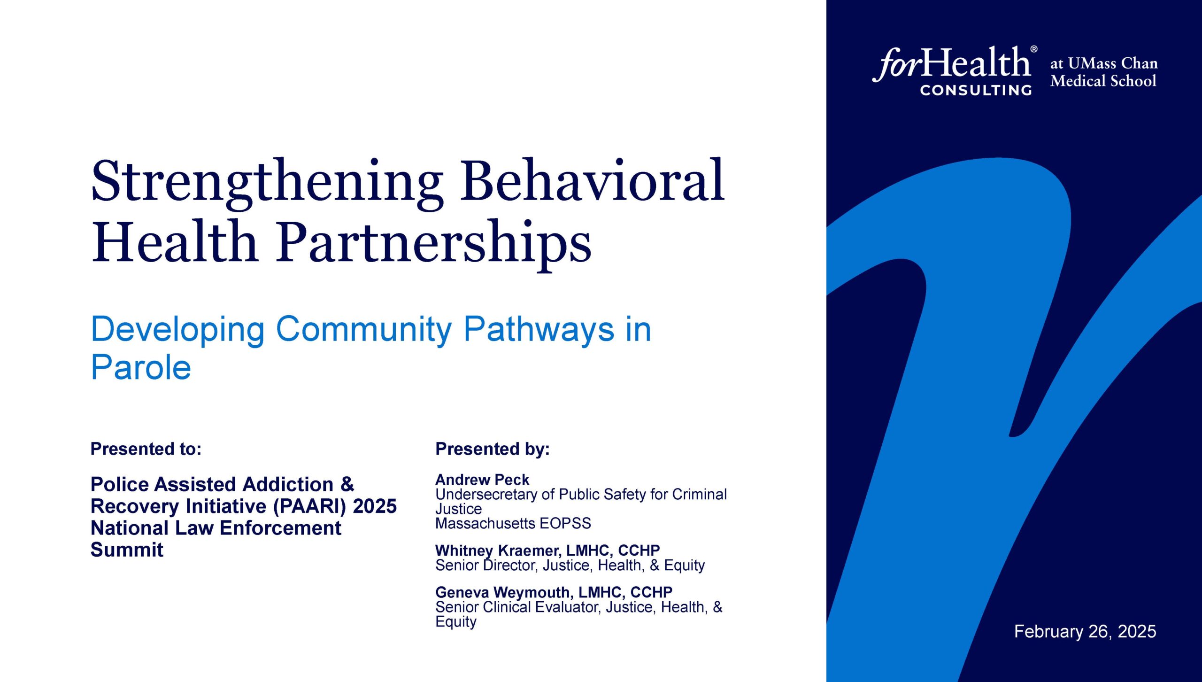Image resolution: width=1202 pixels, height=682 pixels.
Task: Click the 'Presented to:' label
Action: pos(146,449)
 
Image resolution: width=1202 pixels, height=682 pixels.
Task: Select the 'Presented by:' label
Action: pos(493,449)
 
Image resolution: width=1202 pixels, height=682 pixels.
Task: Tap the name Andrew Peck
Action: pos(482,480)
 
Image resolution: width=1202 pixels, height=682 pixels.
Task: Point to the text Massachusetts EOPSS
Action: pos(513,523)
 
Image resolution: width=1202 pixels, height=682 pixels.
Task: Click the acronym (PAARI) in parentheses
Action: pos(309,507)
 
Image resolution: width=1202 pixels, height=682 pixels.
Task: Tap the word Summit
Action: pos(127,550)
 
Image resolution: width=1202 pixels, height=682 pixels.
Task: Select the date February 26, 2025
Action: pos(1085,631)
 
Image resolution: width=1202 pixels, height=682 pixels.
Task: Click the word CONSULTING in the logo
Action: pos(976,90)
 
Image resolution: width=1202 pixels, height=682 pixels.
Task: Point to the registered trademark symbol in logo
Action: pos(1033,49)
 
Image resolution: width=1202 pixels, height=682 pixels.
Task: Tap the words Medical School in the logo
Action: pos(1103,81)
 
